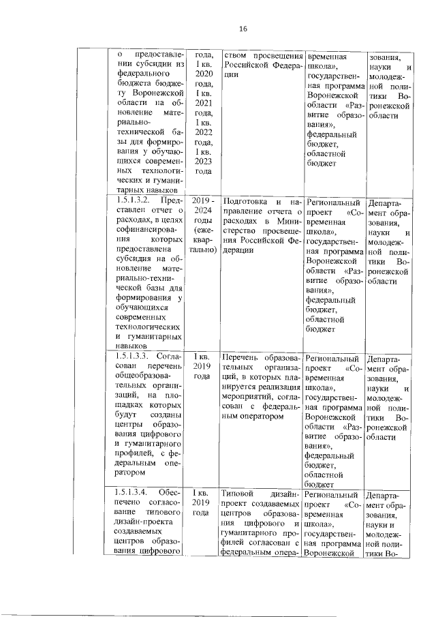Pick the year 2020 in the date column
(202, 73)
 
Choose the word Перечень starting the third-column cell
(243, 357)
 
